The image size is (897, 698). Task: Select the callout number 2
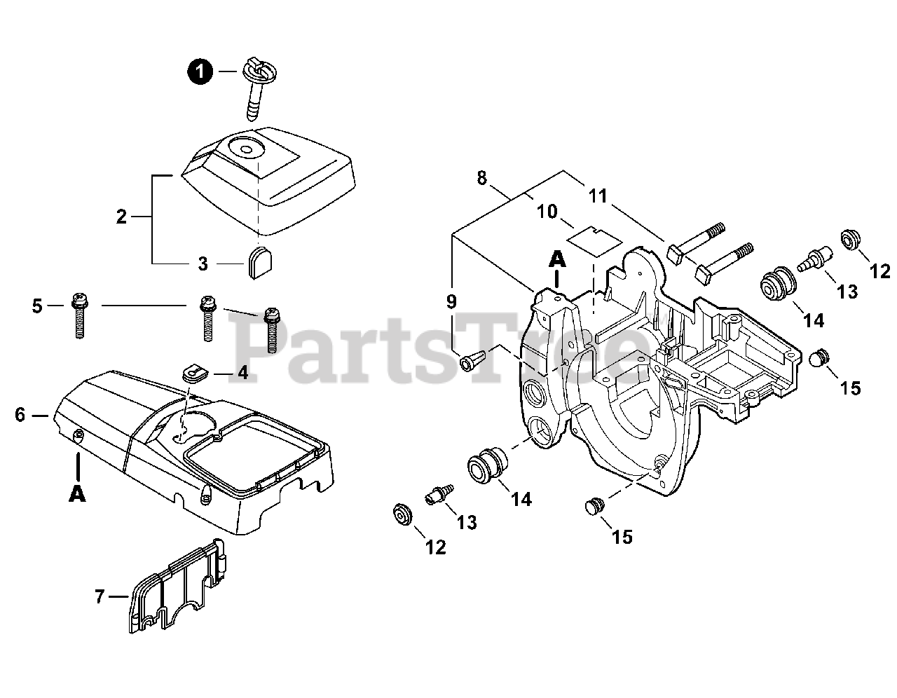121,217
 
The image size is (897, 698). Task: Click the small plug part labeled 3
257,262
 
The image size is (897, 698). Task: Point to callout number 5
37,306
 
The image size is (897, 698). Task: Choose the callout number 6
20,415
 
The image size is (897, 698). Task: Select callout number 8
481,177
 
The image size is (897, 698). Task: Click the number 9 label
451,301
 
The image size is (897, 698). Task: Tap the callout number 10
547,210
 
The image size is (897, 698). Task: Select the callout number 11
597,196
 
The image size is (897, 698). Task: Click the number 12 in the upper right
879,270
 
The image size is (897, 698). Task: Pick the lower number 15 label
622,537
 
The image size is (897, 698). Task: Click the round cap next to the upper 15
819,359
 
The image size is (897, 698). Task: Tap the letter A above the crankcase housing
557,259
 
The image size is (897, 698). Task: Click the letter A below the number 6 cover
77,493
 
